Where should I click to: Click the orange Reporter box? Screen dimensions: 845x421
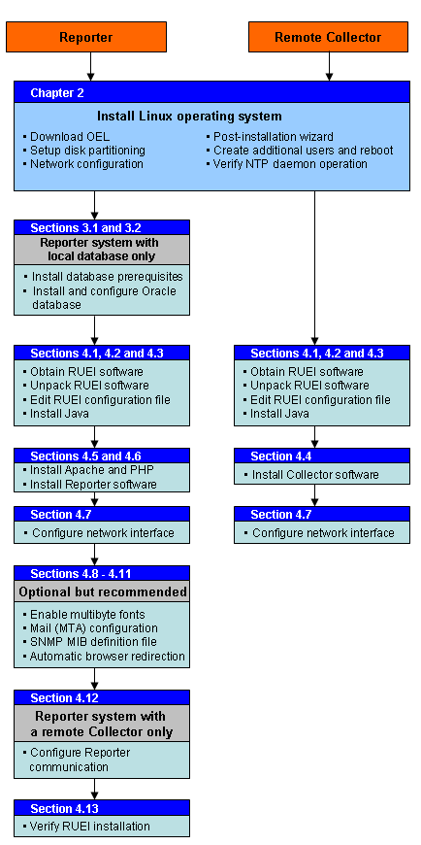(85, 37)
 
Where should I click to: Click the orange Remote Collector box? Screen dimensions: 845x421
(328, 37)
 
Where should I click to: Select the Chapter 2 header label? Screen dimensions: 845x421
(57, 92)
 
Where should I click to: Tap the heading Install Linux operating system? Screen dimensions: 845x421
(189, 117)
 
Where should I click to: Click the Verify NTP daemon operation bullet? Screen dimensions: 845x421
(289, 164)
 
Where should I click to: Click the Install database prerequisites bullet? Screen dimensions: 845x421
(107, 276)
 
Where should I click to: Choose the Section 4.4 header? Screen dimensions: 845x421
(285, 456)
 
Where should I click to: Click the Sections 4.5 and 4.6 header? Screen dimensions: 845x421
(85, 456)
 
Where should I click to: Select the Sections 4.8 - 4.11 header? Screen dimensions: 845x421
(84, 573)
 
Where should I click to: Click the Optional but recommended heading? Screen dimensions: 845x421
(102, 591)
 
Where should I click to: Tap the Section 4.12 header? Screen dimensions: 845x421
(64, 697)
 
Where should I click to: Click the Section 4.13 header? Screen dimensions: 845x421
(64, 808)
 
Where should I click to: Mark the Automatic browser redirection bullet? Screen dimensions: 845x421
(107, 656)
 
